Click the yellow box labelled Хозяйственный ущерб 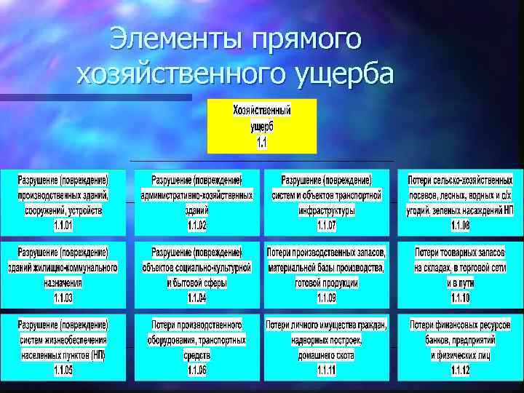262,127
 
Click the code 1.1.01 63,226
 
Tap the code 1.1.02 197,226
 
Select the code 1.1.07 327,226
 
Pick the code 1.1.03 63,298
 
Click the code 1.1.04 197,298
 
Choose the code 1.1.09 327,298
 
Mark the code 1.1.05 63,370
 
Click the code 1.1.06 197,370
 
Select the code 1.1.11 327,370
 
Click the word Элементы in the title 175,39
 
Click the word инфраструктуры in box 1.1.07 327,210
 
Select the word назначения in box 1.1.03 63,282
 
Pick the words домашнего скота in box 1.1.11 327,355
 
